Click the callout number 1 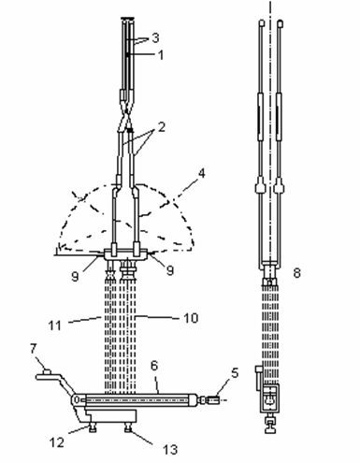coord(161,55)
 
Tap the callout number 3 coord(155,37)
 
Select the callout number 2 coord(162,127)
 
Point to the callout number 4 coord(202,173)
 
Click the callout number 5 coord(235,372)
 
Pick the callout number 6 coord(154,366)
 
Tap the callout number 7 coord(34,349)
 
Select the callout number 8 coord(296,273)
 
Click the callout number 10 coord(191,318)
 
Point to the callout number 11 coord(54,326)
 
